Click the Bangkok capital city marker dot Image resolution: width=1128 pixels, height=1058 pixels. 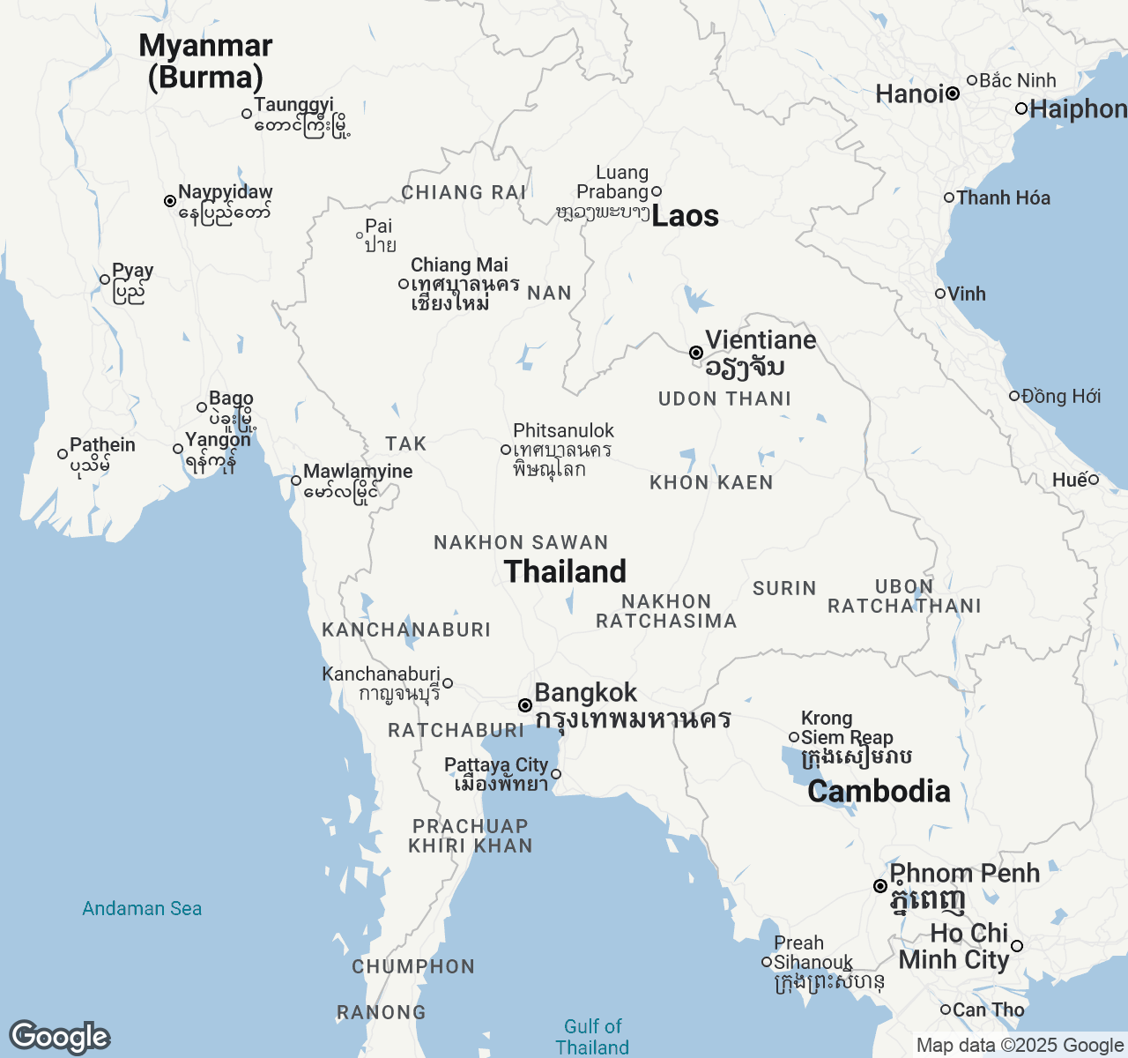point(525,705)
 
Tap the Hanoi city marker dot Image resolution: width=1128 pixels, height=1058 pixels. point(953,93)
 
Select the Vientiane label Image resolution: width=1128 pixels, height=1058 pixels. point(760,340)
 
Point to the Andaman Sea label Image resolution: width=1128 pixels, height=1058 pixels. point(142,908)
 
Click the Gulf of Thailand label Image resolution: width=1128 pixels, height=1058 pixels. point(592,1037)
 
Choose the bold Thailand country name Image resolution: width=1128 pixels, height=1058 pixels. point(565,571)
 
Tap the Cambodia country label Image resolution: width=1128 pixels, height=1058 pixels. point(879,791)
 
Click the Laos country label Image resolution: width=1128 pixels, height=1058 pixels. point(685,216)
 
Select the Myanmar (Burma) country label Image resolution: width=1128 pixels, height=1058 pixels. point(205,61)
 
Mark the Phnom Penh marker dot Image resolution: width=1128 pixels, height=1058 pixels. point(879,886)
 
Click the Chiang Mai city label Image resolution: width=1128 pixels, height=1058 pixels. point(459,264)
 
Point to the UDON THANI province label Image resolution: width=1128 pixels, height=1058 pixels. point(724,399)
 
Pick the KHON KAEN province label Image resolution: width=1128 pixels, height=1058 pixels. point(711,482)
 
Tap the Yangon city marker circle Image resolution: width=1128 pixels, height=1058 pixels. point(178,449)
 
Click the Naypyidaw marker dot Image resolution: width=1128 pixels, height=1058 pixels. point(170,201)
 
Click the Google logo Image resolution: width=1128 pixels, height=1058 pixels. point(59,1037)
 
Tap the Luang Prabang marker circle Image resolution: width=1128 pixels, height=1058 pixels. point(656,191)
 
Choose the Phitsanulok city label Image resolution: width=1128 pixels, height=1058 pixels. point(563,430)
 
